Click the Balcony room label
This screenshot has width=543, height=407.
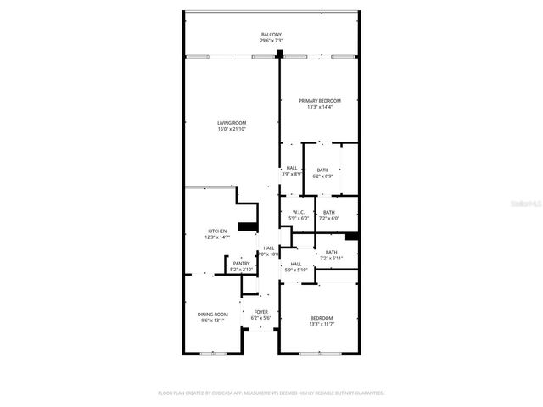click(x=271, y=34)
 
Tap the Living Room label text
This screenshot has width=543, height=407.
click(x=231, y=123)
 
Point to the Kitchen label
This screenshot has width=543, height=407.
click(x=217, y=231)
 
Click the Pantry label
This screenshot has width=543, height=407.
click(x=241, y=263)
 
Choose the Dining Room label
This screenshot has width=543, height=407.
click(x=213, y=314)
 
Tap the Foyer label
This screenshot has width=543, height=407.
click(x=261, y=311)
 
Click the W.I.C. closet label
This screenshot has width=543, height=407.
click(x=298, y=212)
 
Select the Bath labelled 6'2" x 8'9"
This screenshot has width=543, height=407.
click(x=322, y=170)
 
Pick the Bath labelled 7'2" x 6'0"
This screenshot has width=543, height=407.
click(x=328, y=212)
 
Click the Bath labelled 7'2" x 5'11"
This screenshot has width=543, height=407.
click(x=331, y=252)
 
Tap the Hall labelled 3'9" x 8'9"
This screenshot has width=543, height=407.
click(x=292, y=168)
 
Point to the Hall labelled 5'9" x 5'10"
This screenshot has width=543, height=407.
click(x=296, y=264)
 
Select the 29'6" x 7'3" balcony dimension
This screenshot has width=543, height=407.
click(x=271, y=40)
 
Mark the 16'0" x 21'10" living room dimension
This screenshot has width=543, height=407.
click(x=231, y=129)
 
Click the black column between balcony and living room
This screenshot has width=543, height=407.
click(x=278, y=55)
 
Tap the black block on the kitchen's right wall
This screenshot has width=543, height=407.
click(x=247, y=226)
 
